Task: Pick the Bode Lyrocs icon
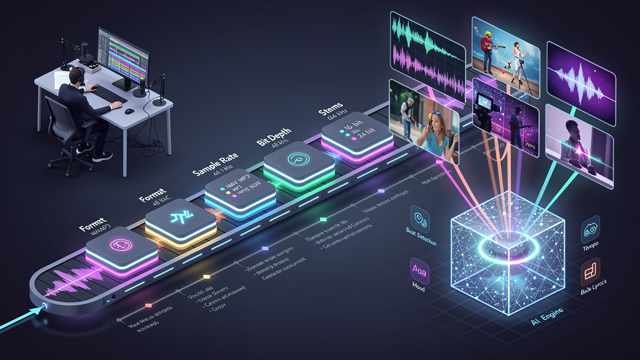pyautogui.click(x=590, y=271)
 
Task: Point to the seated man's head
pyautogui.click(x=76, y=76)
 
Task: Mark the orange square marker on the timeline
pyautogui.click(x=148, y=305)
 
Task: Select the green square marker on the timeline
pyautogui.click(x=323, y=219)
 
